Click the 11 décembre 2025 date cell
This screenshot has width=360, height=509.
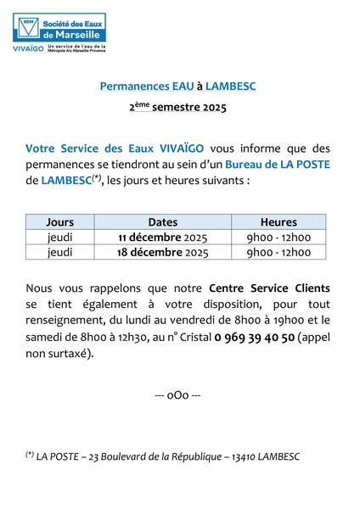click(163, 238)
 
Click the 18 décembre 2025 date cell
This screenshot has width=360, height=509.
click(163, 253)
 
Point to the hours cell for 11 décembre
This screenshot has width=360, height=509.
click(278, 238)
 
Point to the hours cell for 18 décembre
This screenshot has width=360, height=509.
click(278, 253)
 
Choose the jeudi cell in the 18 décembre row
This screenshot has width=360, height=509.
click(60, 253)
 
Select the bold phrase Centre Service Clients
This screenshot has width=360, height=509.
click(269, 289)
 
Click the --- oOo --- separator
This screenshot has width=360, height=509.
click(178, 396)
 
